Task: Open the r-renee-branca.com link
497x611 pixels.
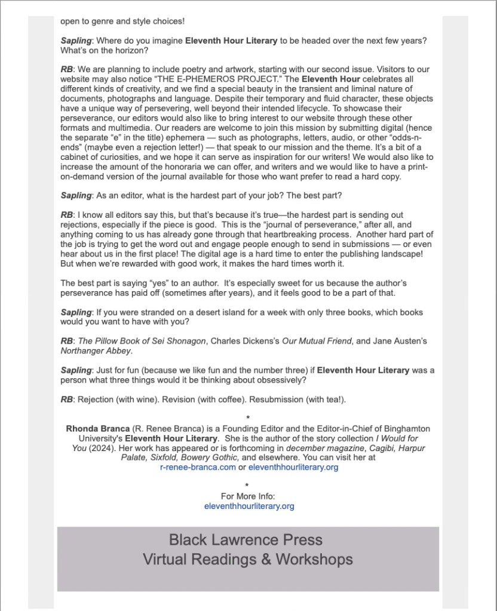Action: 198,467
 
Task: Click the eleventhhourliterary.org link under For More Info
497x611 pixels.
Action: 249,506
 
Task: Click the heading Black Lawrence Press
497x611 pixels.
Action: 246,540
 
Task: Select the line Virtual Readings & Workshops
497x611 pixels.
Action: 247,560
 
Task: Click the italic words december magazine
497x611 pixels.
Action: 317,448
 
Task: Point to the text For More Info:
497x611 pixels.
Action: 248,496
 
